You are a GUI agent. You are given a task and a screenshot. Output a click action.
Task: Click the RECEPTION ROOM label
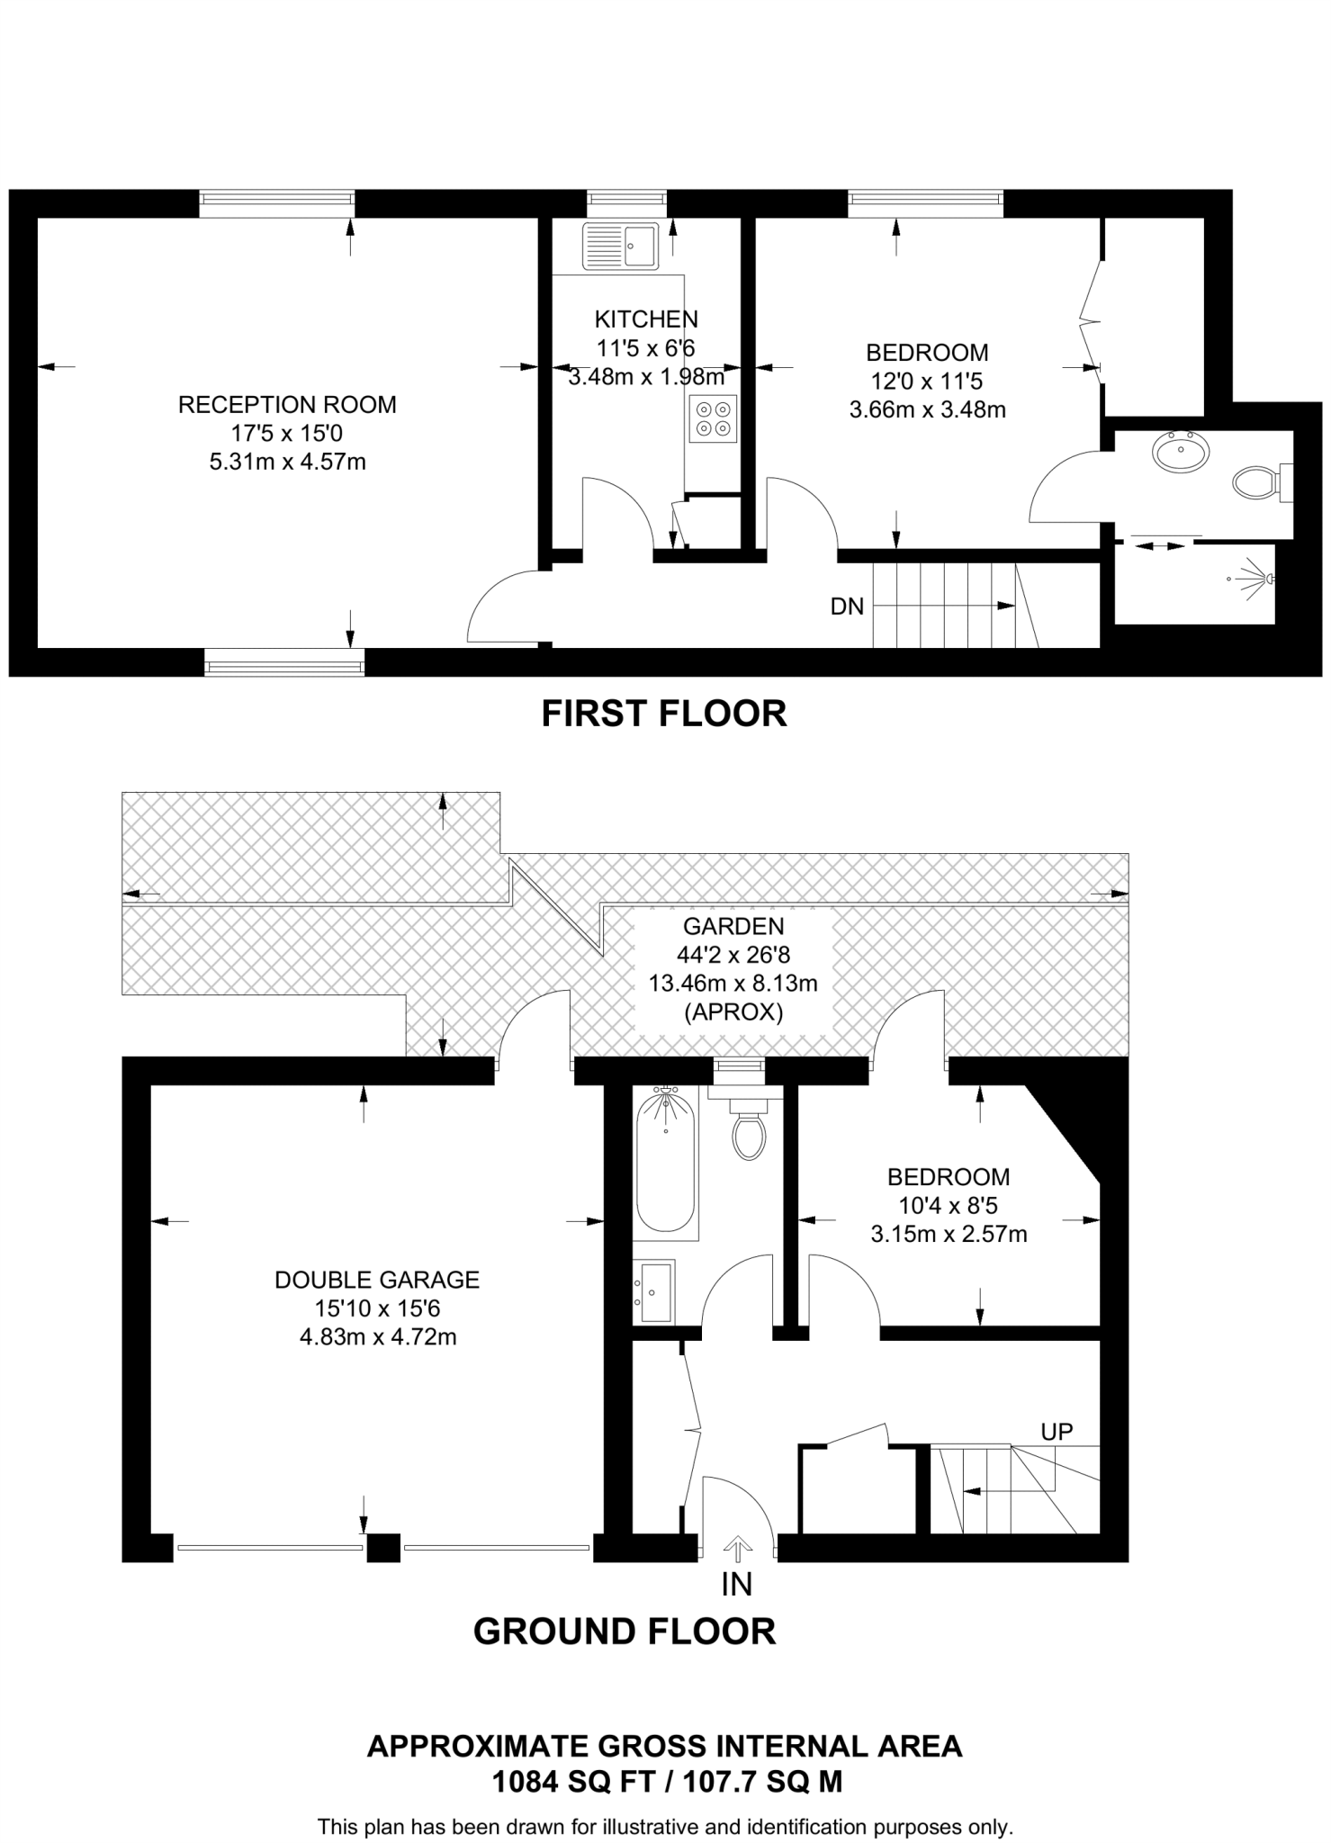[x=287, y=405]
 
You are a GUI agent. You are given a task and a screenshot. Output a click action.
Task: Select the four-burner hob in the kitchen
[x=713, y=419]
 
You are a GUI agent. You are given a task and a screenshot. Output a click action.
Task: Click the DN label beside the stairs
[x=847, y=607]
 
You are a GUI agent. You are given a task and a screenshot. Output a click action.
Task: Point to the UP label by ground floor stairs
[x=1057, y=1431]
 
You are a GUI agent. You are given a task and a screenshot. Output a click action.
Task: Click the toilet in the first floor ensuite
[x=1255, y=483]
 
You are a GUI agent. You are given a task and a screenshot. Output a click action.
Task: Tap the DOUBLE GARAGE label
[x=377, y=1279]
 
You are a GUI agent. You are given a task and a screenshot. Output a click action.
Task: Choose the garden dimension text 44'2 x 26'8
[x=733, y=954]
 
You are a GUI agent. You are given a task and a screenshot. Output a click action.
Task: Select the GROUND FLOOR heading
[x=625, y=1631]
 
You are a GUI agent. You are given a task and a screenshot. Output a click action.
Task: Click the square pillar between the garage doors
[x=383, y=1548]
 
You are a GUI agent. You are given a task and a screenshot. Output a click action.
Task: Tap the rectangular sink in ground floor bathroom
[x=654, y=1291]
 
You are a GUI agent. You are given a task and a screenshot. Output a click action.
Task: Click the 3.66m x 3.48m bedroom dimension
[x=927, y=410]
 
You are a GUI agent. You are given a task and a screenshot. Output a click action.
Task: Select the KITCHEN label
[x=646, y=319]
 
